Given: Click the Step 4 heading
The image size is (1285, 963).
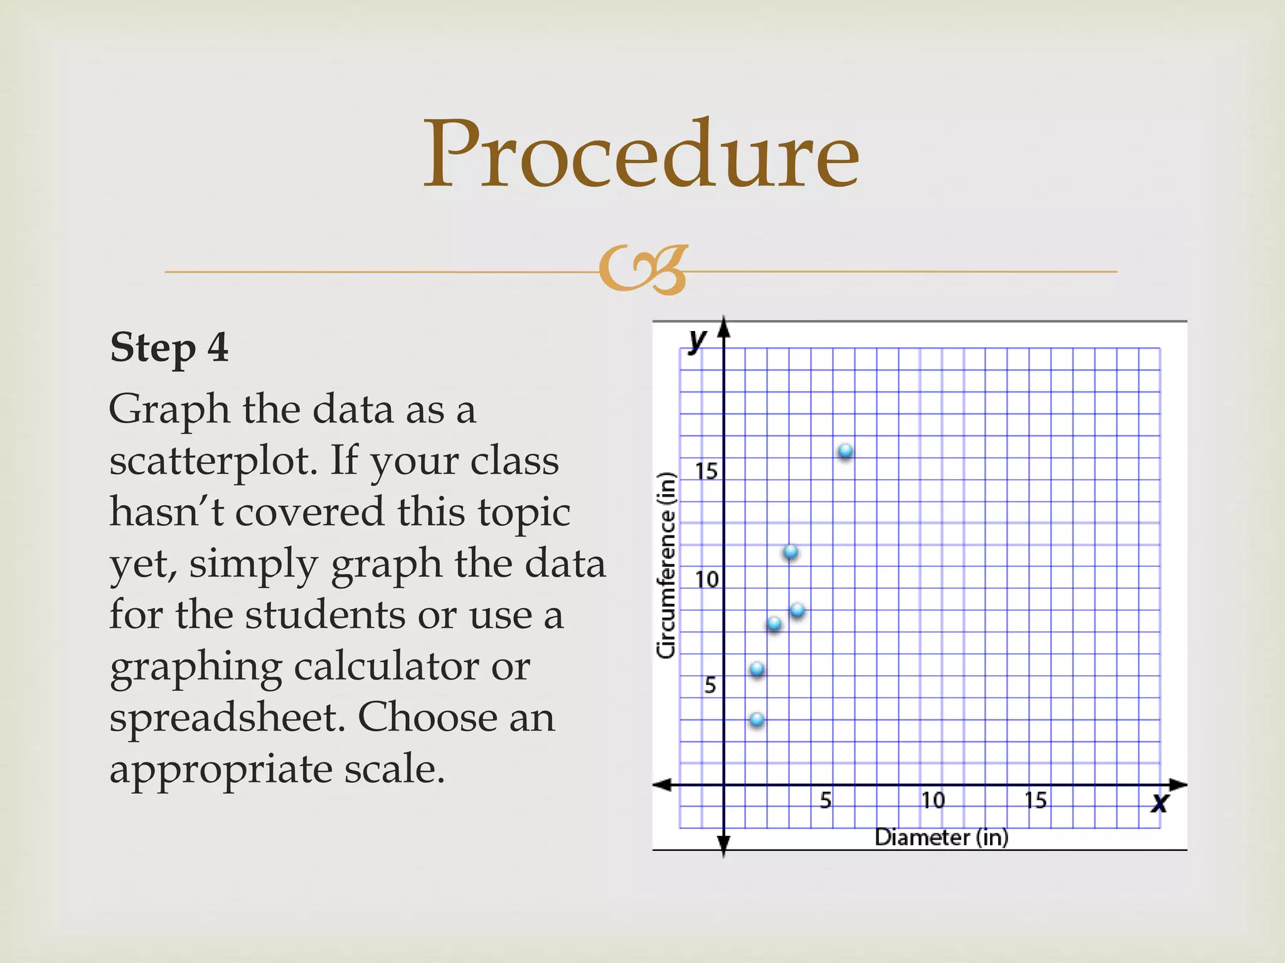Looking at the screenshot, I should [169, 347].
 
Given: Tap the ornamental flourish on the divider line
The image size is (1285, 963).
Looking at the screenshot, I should [643, 270].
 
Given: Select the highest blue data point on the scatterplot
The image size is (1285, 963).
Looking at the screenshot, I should [845, 451].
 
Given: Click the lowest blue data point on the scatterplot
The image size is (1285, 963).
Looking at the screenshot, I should [757, 719].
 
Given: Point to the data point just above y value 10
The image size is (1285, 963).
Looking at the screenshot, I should [791, 552].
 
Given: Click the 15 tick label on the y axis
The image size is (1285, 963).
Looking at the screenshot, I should [706, 471].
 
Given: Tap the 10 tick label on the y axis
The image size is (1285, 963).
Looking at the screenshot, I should [707, 579].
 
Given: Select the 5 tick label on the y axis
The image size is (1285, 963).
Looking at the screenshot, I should [710, 685].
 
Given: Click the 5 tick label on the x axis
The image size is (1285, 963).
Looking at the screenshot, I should [826, 800].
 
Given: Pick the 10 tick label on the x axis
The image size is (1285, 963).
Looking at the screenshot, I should [933, 800].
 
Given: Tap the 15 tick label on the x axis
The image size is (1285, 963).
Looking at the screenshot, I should [1036, 800].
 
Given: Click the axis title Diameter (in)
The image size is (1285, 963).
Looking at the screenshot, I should [941, 837].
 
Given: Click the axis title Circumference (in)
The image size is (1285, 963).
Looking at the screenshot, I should [666, 565].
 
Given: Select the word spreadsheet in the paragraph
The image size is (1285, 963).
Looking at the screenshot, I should [227, 717].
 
